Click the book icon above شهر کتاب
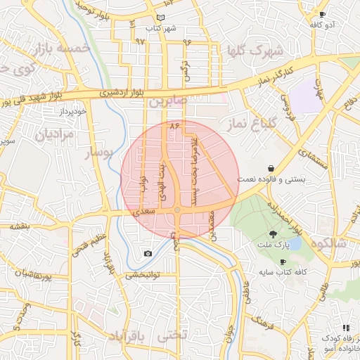(x=162, y=18)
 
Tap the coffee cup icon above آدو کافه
(x=323, y=15)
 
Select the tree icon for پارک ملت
(x=273, y=233)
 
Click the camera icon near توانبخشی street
(x=148, y=254)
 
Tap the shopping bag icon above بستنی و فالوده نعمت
(x=271, y=169)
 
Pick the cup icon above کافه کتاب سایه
(x=283, y=262)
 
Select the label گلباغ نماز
(x=252, y=124)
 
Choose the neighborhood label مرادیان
(x=54, y=134)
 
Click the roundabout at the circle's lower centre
(x=178, y=210)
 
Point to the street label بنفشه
(x=19, y=226)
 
